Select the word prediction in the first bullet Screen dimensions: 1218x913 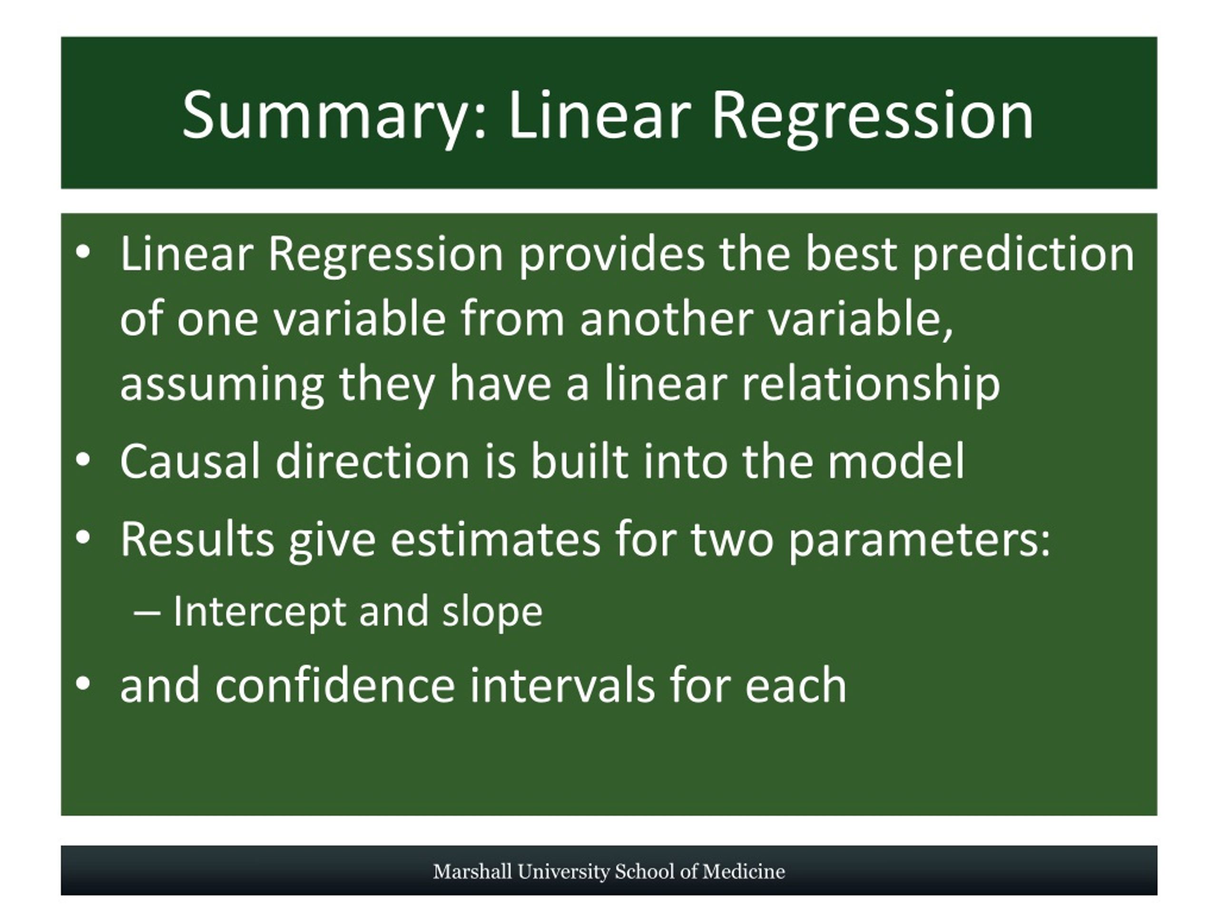coord(1023,255)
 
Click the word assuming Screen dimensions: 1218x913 coord(222,385)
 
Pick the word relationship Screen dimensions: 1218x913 coord(871,384)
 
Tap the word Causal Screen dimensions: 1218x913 coord(190,461)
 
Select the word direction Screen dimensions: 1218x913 coord(372,461)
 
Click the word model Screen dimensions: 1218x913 coord(896,461)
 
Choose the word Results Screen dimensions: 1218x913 coord(196,539)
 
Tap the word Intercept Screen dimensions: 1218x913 coord(259,612)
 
